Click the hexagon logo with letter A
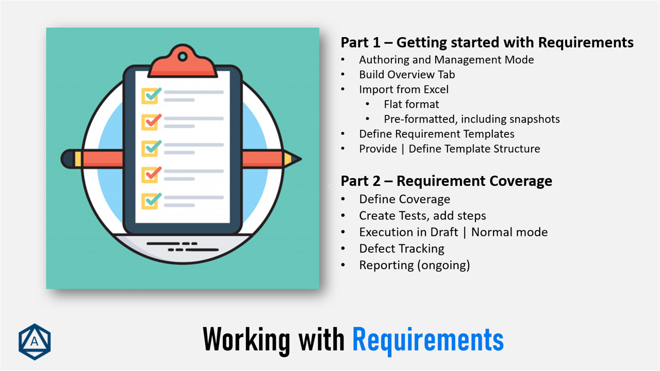35,342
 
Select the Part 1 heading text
487,42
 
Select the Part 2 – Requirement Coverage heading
446,181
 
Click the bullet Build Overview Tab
407,74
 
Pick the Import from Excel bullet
404,89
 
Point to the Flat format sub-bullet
411,104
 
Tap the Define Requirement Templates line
436,134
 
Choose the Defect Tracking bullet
401,248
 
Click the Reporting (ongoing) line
414,265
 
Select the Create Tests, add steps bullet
422,215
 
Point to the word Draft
444,232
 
